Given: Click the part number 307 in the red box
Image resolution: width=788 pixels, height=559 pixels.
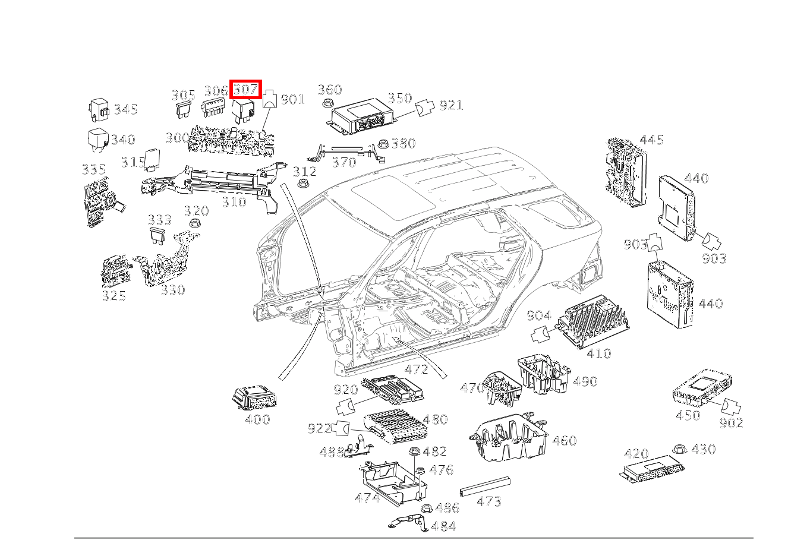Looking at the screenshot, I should tap(246, 90).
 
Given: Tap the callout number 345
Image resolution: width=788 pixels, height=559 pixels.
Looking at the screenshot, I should tap(126, 109).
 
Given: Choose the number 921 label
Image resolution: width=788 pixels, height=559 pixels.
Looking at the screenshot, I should tap(451, 106).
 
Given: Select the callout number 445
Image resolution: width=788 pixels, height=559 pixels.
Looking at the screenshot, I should tap(651, 140).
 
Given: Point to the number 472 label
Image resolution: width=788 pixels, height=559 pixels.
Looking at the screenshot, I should tap(416, 369).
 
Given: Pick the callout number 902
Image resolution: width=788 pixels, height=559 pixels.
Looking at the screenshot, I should tap(731, 423).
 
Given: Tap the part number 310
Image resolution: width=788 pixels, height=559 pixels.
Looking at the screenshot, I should tap(234, 203).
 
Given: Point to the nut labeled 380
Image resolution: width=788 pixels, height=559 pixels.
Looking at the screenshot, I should tap(384, 144).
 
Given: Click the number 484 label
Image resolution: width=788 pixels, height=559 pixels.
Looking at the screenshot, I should tap(443, 527).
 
